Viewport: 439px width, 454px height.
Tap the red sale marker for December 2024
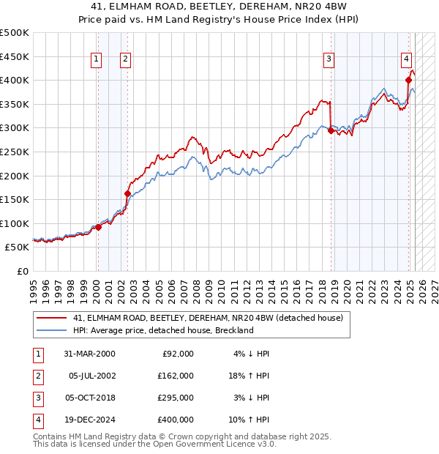[408, 81]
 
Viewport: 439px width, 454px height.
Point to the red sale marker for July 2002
[127, 194]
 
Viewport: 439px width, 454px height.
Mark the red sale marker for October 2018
[331, 130]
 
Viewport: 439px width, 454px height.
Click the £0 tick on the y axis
[22, 271]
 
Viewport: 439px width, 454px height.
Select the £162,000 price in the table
[176, 376]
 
